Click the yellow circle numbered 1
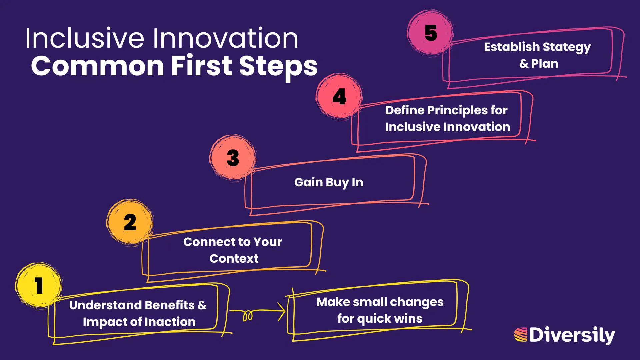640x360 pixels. click(x=39, y=285)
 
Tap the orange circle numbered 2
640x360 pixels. click(x=130, y=222)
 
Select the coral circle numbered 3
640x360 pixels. click(x=233, y=158)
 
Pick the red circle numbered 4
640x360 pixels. click(x=339, y=97)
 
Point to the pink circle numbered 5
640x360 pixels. click(x=431, y=33)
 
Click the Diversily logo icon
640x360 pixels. click(x=521, y=335)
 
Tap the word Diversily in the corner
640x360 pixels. click(x=572, y=335)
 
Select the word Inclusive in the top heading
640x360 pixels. click(x=85, y=38)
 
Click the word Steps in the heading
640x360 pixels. click(x=278, y=66)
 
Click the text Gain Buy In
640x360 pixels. click(x=328, y=182)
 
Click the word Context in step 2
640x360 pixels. click(x=234, y=258)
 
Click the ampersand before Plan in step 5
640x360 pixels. click(x=523, y=64)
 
